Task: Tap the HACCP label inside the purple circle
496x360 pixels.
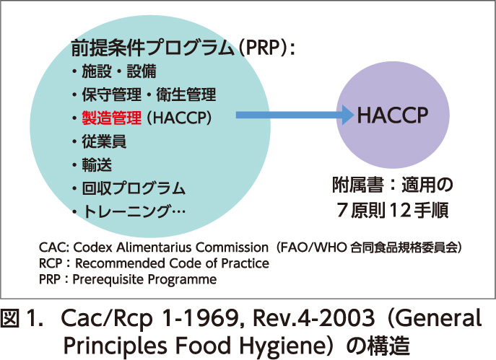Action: pos(392,115)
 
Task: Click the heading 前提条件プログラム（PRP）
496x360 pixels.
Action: pos(184,49)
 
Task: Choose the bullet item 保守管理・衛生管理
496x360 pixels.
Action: pos(148,95)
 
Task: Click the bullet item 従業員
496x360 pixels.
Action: pos(104,141)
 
